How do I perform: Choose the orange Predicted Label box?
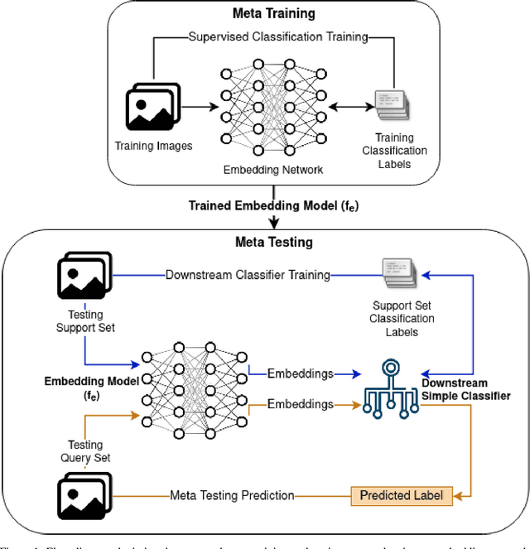pos(401,496)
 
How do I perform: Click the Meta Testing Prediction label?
pos(232,496)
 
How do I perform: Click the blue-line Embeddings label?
pos(300,373)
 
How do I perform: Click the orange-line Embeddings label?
pos(300,404)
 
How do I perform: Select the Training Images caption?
pos(153,147)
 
